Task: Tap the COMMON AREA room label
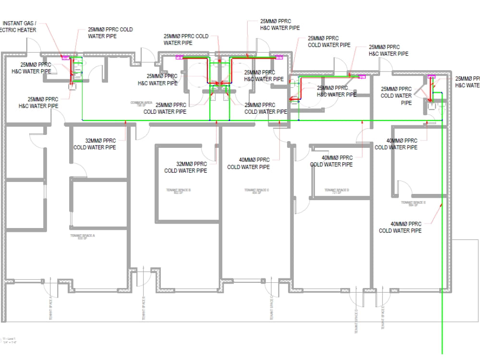(141, 104)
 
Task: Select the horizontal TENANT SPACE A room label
(83, 236)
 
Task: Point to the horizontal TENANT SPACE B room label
(179, 192)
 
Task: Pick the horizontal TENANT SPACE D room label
(336, 192)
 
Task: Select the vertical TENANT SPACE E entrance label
(383, 317)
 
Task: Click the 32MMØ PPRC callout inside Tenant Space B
(186, 167)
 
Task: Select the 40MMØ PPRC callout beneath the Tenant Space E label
(400, 227)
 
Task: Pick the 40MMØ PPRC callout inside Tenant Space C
(248, 163)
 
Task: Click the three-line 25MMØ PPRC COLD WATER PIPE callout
(396, 96)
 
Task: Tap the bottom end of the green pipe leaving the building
(442, 353)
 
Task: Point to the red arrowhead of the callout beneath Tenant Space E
(441, 205)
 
